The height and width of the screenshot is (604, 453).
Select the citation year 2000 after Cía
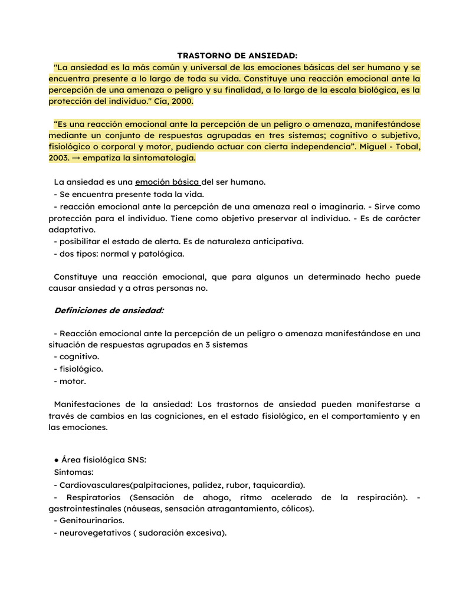pyautogui.click(x=182, y=101)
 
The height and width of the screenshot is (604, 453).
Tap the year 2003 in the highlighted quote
pyautogui.click(x=59, y=158)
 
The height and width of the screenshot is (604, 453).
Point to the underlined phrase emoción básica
pyautogui.click(x=167, y=182)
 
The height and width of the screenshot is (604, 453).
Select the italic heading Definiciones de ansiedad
pyautogui.click(x=109, y=310)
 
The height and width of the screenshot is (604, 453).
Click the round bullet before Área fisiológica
pyautogui.click(x=56, y=461)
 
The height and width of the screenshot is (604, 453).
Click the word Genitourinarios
pyautogui.click(x=92, y=521)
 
